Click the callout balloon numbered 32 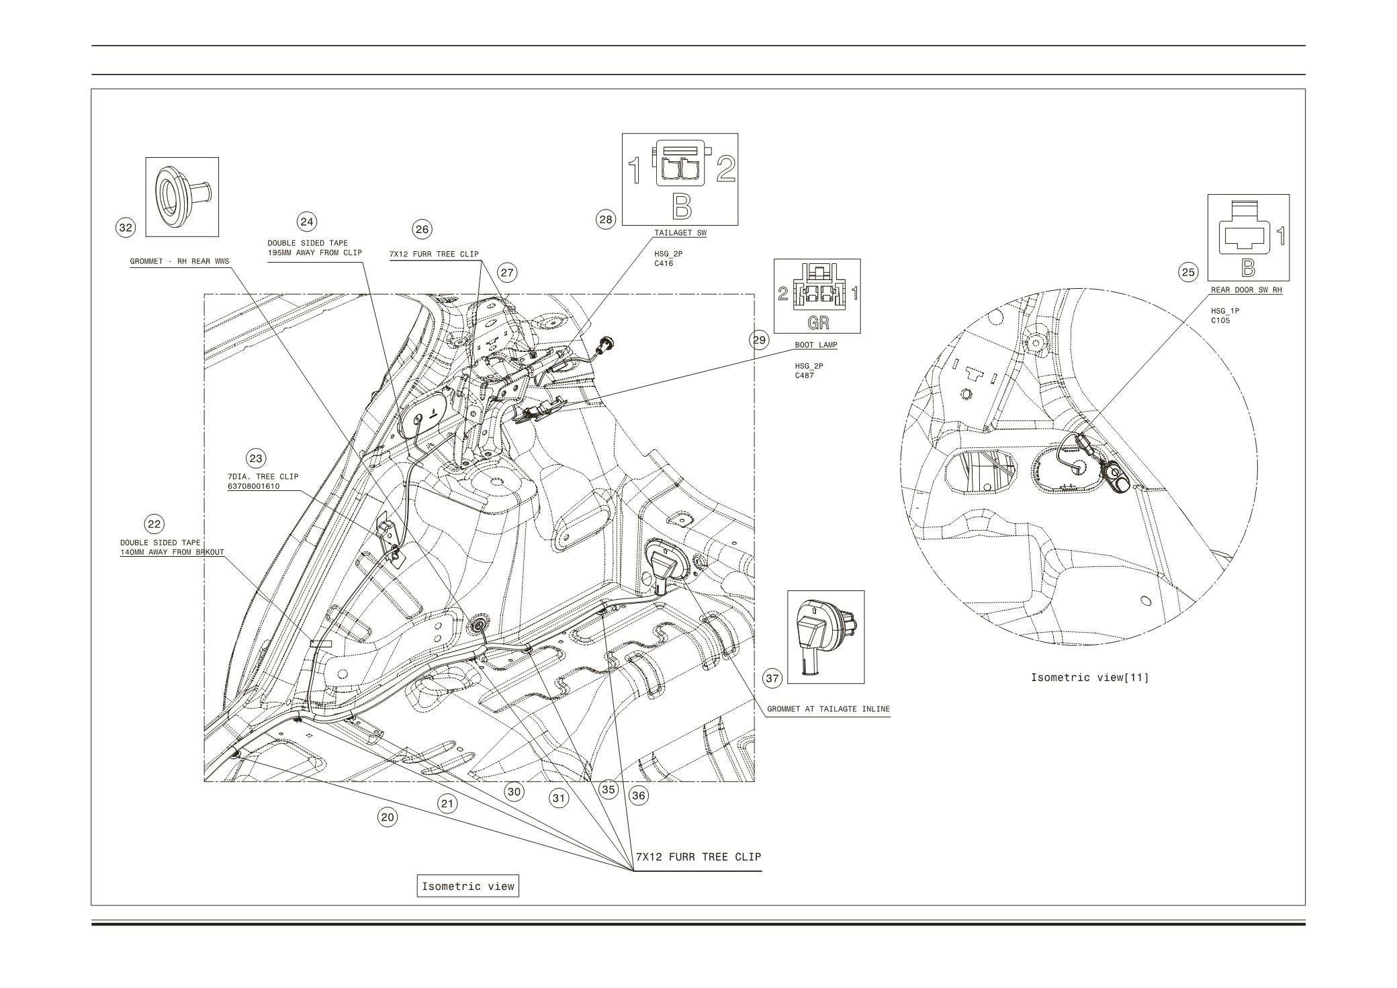click(x=126, y=228)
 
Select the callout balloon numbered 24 click(x=307, y=222)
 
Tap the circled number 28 click(x=606, y=219)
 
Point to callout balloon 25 click(x=1188, y=272)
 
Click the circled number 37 click(x=773, y=678)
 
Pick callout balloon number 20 click(x=388, y=817)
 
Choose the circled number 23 click(x=256, y=459)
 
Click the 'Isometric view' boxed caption click(x=467, y=886)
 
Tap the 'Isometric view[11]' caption click(x=1089, y=677)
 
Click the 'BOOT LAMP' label click(x=816, y=345)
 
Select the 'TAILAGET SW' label click(x=680, y=233)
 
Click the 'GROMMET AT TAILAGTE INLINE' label click(x=828, y=709)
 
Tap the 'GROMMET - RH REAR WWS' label click(x=179, y=262)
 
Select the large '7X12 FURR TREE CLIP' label click(x=698, y=857)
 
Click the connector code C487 click(x=805, y=375)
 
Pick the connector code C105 click(x=1220, y=320)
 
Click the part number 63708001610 click(x=253, y=486)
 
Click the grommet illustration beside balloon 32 click(x=181, y=196)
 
